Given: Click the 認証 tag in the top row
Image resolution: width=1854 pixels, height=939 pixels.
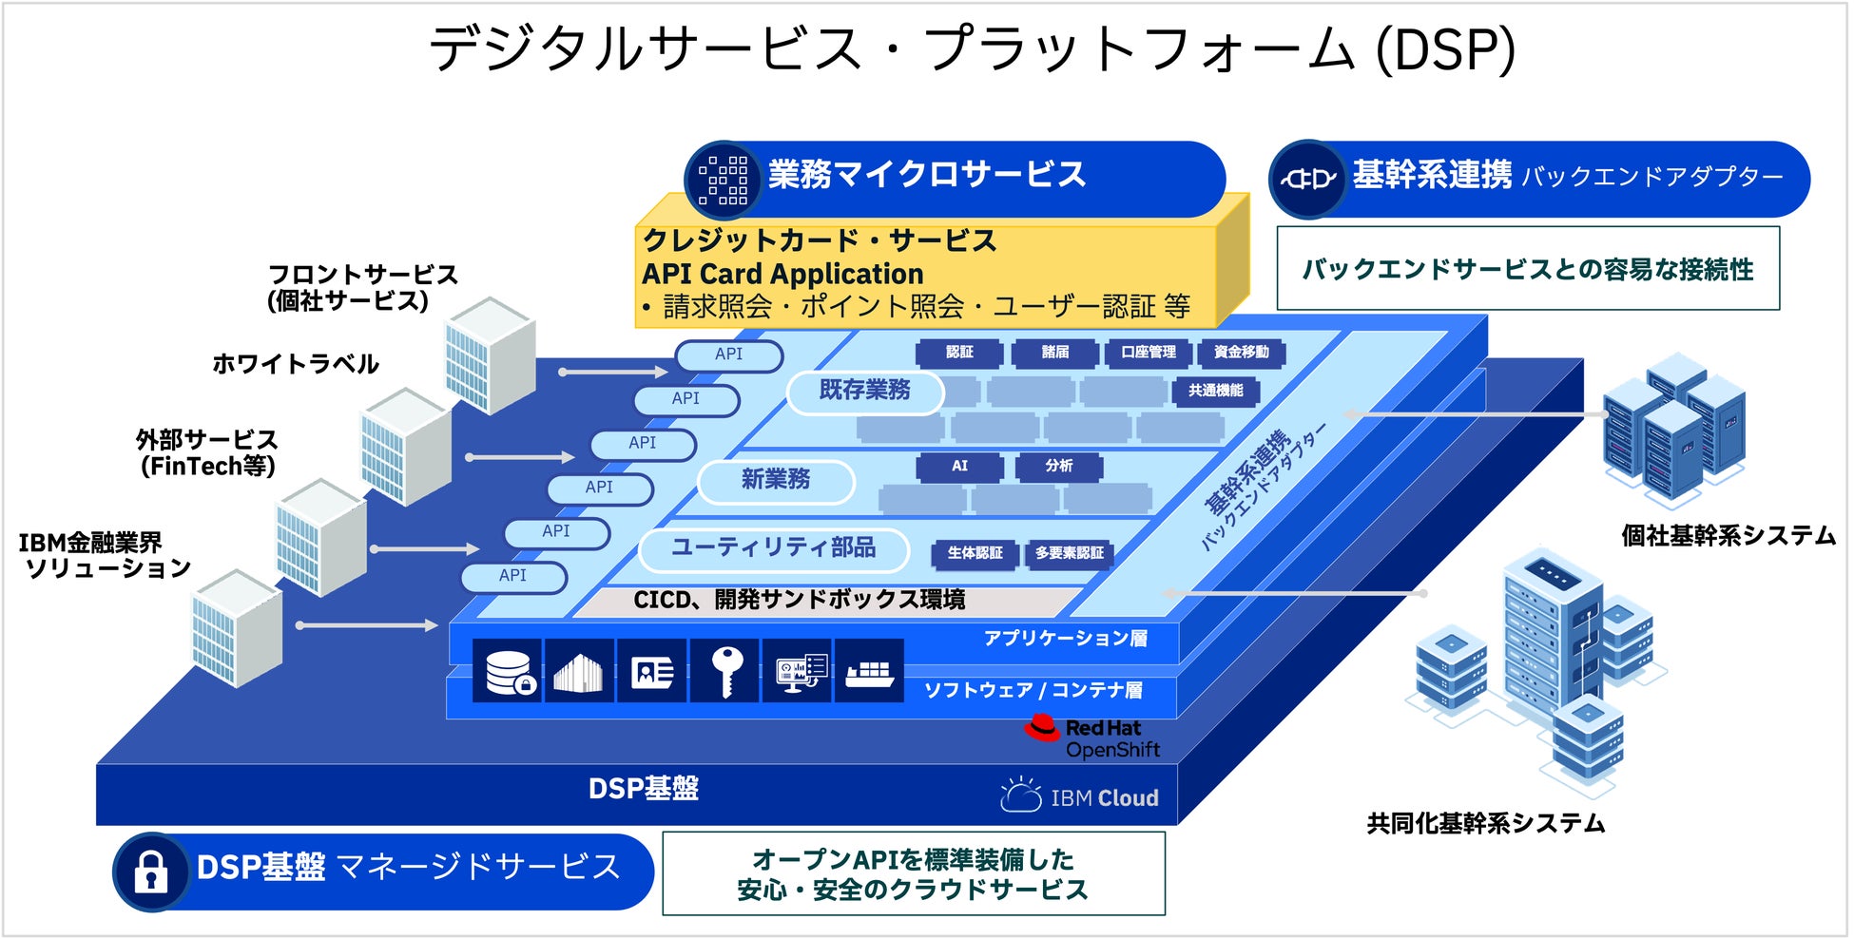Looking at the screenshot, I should [x=958, y=353].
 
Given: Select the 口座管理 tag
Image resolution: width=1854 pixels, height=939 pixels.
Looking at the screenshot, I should [x=1148, y=353].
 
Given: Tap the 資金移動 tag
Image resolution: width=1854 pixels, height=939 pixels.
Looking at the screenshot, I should [x=1241, y=353].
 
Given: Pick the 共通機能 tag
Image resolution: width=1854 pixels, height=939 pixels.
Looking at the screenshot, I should [x=1215, y=391].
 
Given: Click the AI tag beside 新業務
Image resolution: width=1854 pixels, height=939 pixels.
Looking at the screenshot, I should [x=959, y=466].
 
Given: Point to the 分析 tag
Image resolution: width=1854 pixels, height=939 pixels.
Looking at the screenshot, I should [x=1058, y=466].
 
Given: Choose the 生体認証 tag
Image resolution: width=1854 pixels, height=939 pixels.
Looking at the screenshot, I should [x=975, y=553].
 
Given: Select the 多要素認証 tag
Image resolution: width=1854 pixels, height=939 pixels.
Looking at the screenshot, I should [x=1069, y=553].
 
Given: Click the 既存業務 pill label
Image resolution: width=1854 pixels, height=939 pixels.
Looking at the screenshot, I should [x=864, y=390].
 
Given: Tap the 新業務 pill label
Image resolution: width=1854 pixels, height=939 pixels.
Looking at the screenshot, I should [x=776, y=480].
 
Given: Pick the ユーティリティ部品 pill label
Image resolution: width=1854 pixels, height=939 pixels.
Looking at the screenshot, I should [x=773, y=548].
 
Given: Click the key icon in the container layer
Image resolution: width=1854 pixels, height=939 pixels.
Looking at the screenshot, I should [x=726, y=670].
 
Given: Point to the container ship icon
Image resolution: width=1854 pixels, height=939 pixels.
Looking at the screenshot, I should [x=868, y=672].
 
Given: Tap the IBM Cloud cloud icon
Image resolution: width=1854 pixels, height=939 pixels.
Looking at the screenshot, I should [x=1021, y=795].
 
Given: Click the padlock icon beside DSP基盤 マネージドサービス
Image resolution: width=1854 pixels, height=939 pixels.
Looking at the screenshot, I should [x=150, y=871].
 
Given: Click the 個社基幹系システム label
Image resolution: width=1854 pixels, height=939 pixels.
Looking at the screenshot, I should [x=1728, y=536].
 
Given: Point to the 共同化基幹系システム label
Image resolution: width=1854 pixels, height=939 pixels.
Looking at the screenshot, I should [x=1485, y=823].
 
